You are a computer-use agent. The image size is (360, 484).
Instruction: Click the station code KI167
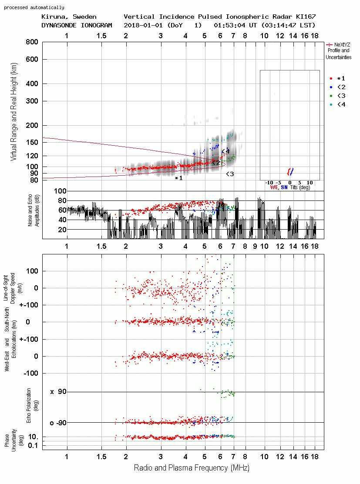306,17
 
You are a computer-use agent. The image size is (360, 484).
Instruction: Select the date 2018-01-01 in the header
143,25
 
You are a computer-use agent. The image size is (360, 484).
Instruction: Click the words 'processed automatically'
34,7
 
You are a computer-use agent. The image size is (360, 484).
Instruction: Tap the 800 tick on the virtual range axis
32,42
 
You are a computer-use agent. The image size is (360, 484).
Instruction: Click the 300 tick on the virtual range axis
32,101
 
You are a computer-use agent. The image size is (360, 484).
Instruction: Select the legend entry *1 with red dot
337,78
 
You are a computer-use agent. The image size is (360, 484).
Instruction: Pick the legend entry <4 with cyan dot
337,104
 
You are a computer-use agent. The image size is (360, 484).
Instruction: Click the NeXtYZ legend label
342,45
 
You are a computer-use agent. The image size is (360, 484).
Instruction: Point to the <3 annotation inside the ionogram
230,174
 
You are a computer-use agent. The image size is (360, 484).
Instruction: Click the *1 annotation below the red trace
178,178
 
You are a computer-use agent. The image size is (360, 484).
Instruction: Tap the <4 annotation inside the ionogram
225,151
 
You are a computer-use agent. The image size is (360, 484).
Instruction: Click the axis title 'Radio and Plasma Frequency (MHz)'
192,468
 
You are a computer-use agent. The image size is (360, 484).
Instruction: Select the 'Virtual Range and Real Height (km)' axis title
13,112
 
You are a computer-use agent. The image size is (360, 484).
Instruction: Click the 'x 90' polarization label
58,392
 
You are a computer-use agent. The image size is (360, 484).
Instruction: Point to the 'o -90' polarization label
58,423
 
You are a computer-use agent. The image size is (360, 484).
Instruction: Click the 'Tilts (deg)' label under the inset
300,187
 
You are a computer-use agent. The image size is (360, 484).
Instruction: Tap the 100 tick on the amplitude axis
60,191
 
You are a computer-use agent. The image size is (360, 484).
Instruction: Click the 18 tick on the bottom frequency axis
315,457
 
